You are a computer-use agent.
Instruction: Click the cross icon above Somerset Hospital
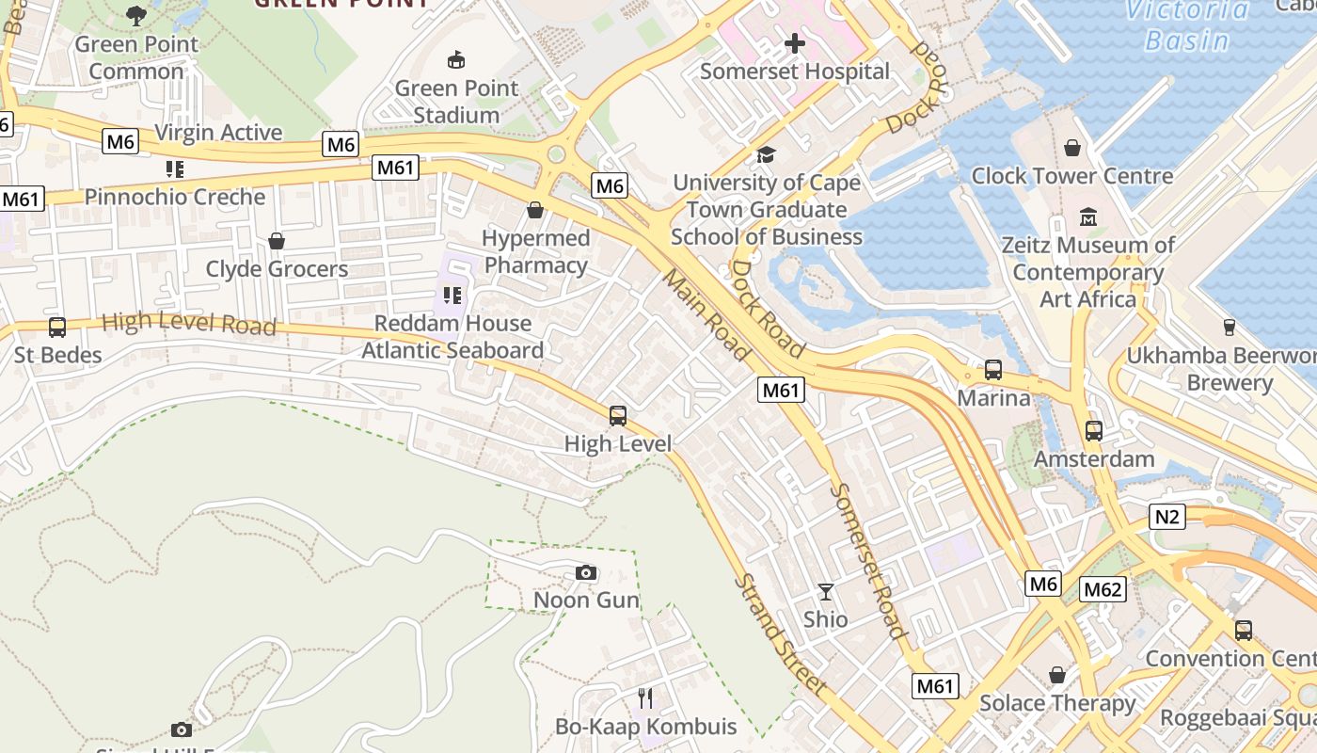pos(795,43)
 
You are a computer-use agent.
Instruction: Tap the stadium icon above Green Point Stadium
pos(456,60)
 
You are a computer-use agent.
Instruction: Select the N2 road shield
pos(1166,517)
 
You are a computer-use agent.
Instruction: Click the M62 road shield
pos(1103,589)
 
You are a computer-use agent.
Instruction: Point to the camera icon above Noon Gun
pos(585,572)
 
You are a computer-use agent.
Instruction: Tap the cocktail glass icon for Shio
pos(825,592)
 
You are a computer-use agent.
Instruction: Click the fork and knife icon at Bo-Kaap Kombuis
pos(645,697)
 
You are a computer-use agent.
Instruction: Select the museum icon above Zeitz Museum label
pos(1088,217)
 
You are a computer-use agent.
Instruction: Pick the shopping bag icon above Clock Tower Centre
pos(1071,148)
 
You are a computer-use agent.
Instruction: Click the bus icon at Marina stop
pos(992,370)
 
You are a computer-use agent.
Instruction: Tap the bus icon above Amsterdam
pos(1093,431)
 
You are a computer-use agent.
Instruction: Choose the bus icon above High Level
pos(618,415)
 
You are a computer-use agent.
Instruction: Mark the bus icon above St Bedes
pos(57,327)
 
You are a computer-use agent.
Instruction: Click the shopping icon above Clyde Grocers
pos(277,241)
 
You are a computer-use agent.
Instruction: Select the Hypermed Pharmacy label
pos(535,252)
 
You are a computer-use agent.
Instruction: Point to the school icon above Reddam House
pos(452,296)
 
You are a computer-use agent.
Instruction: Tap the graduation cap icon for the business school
pos(766,154)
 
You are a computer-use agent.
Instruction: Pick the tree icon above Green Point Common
pos(136,16)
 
